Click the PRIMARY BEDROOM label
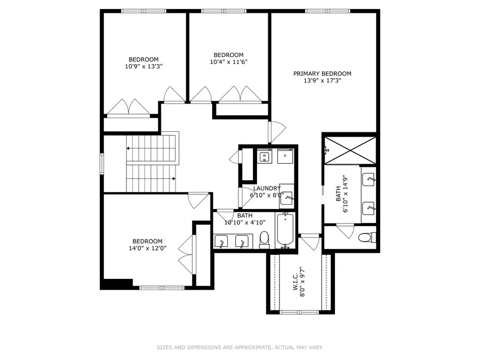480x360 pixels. point(322,74)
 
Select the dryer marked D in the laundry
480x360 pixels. point(286,157)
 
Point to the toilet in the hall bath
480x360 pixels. point(264,240)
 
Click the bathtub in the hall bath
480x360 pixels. point(285,230)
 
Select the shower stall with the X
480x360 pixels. point(349,151)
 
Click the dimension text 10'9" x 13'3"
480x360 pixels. point(143,67)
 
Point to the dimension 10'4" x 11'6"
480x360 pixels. point(229,62)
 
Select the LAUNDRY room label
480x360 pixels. point(267,188)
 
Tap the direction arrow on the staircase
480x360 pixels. point(173,178)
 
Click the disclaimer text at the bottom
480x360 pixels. point(239,348)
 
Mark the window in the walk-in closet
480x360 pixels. point(299,312)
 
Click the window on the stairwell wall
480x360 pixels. point(102,163)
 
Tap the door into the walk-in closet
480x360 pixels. point(310,242)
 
